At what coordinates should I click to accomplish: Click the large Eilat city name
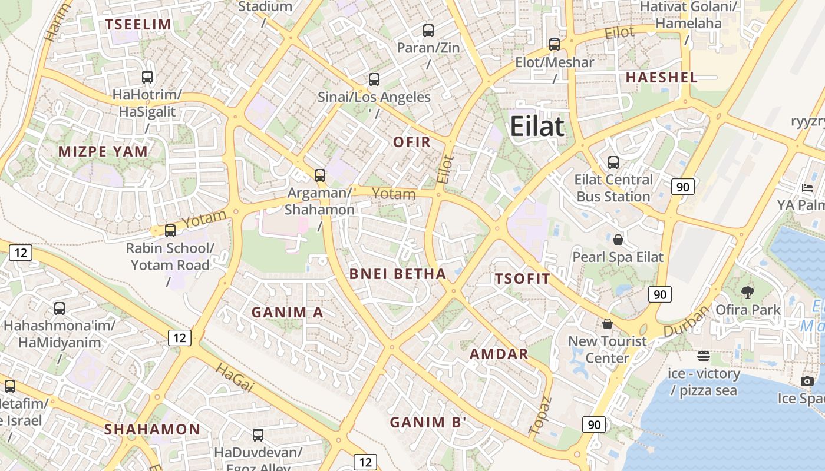(537, 126)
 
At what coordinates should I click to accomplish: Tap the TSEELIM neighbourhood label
(138, 24)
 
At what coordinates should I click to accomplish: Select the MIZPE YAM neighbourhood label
(103, 151)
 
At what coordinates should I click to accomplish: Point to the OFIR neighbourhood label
(412, 142)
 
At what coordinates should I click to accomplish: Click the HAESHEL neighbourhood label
(662, 77)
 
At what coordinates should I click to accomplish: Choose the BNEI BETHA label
(398, 274)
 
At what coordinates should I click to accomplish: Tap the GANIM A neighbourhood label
(288, 312)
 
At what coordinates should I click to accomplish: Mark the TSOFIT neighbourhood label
(523, 278)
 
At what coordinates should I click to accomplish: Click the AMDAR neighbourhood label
(499, 354)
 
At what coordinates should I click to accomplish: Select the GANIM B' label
(428, 422)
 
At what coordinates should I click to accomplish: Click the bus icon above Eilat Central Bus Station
(613, 162)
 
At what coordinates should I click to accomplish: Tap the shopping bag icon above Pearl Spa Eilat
(618, 240)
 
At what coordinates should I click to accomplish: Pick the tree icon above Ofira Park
(748, 292)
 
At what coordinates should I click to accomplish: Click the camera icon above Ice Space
(807, 381)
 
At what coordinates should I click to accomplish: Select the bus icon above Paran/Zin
(428, 30)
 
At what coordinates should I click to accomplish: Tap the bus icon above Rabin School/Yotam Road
(170, 230)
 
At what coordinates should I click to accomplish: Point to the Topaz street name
(540, 416)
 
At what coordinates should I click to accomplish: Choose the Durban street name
(687, 321)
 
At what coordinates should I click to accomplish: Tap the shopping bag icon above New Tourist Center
(608, 324)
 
